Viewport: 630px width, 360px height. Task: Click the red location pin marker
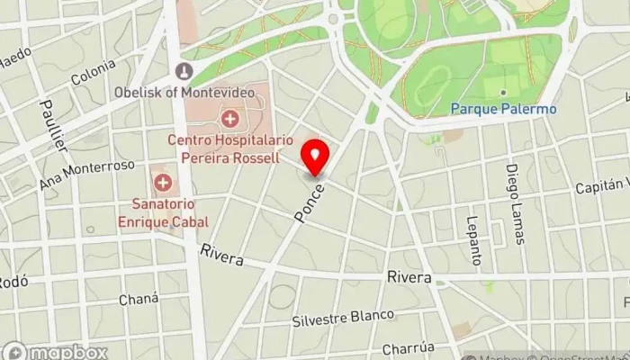(315, 158)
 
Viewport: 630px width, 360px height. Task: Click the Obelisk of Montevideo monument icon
(184, 71)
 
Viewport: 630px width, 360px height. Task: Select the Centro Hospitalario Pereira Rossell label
(231, 147)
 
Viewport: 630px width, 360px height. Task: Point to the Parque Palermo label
(503, 110)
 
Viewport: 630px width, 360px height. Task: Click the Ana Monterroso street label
(87, 175)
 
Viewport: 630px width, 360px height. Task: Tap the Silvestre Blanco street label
(343, 318)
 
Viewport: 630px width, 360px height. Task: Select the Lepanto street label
(473, 232)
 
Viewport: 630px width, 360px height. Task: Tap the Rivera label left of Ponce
(222, 255)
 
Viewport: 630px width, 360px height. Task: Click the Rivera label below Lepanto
(409, 277)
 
